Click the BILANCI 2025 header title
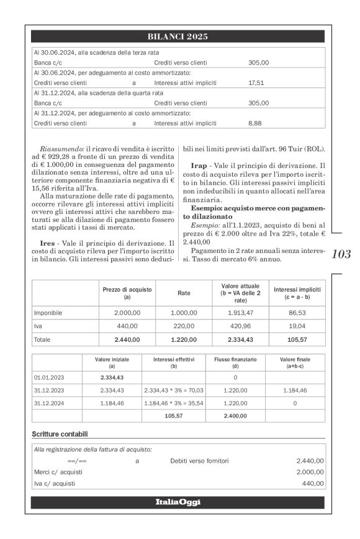tap(179, 36)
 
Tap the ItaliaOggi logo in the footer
tap(179, 501)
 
